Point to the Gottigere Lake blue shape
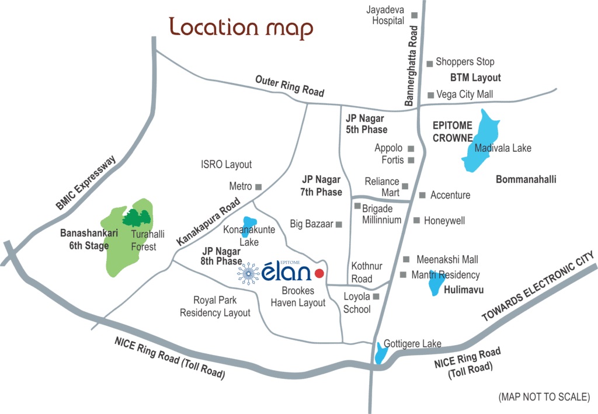381,352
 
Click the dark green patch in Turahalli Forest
138,218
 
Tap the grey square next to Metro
259,187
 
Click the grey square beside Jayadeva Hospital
415,15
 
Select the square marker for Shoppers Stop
429,62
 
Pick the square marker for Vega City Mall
430,95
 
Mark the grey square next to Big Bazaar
338,224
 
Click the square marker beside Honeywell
416,221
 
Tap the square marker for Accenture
423,195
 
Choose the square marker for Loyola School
377,297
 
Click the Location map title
241,27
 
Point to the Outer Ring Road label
290,86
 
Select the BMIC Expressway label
87,182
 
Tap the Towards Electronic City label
538,287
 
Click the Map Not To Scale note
544,397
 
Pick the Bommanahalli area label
526,179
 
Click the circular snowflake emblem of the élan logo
249,273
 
